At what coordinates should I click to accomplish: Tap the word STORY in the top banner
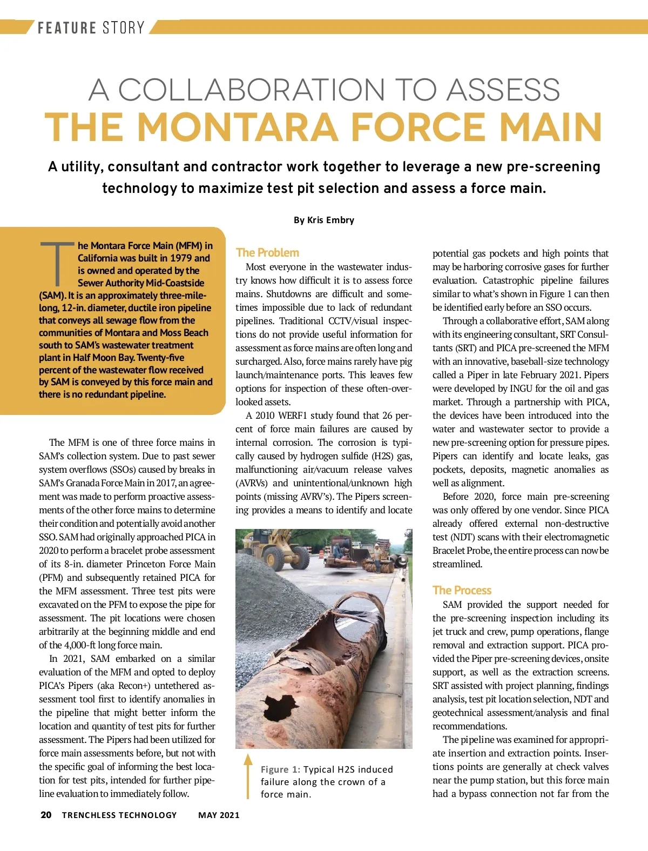click(x=123, y=28)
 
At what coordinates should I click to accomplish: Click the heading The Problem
click(x=267, y=252)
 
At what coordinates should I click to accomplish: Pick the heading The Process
click(x=462, y=590)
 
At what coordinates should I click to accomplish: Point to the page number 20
click(x=46, y=815)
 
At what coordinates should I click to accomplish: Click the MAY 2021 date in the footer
click(x=219, y=815)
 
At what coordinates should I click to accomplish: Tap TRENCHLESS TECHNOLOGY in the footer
click(x=119, y=815)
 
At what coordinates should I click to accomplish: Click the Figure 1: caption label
click(x=280, y=769)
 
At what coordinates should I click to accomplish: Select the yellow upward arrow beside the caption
click(x=248, y=775)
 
